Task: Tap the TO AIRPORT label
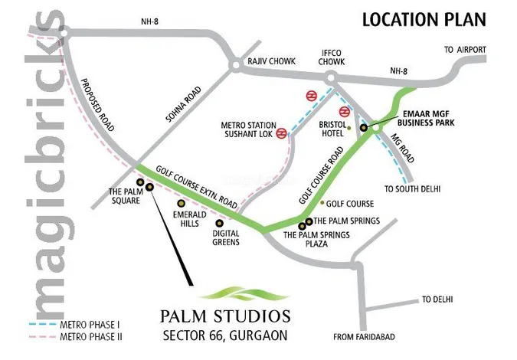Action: [x=466, y=50]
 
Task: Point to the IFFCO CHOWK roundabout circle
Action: [x=331, y=77]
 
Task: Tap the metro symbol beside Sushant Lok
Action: [x=282, y=133]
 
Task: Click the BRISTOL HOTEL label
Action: [x=322, y=127]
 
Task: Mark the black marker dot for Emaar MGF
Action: [x=364, y=128]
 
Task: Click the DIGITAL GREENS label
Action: [x=227, y=237]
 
